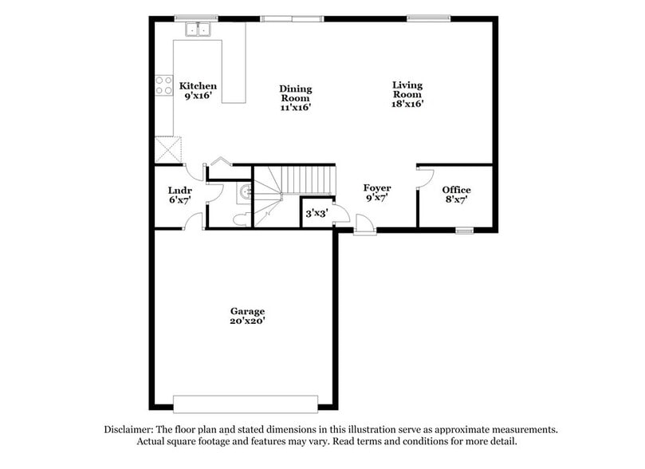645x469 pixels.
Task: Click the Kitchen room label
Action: [198, 90]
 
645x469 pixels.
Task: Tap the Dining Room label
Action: [295, 98]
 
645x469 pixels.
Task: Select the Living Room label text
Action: [407, 93]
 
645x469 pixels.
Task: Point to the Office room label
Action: [457, 194]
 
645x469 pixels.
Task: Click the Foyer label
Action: [376, 192]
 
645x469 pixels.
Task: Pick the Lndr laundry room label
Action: [179, 195]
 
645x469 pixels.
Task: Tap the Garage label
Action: [247, 316]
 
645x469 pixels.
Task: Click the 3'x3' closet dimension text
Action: [316, 214]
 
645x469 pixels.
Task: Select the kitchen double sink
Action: [197, 30]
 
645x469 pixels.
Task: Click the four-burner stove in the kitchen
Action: [164, 85]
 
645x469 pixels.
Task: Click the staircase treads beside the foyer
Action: [307, 179]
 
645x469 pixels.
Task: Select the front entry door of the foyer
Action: [365, 226]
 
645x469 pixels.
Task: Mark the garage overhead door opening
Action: [246, 404]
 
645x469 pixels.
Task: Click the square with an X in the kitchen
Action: [167, 149]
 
